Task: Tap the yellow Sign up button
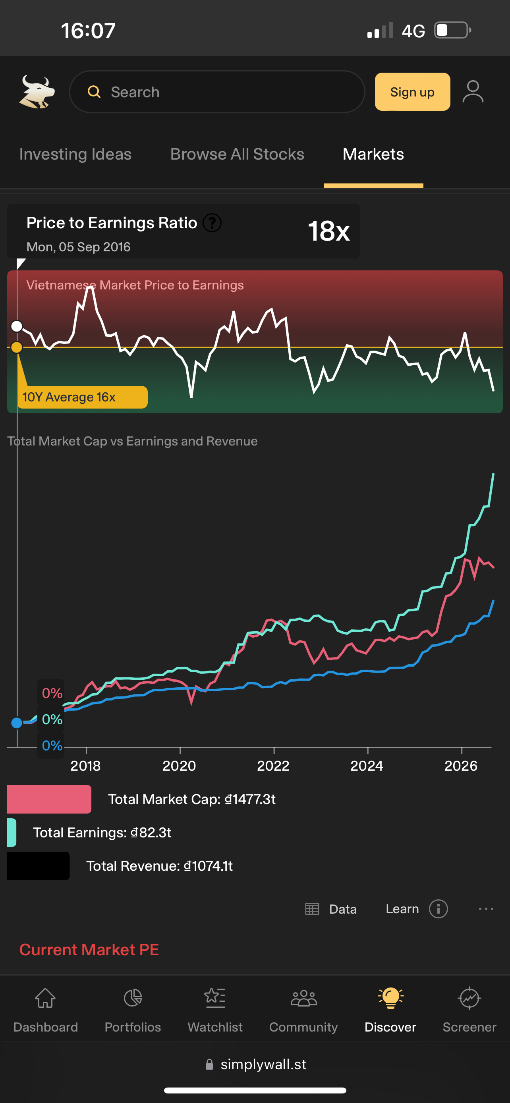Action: pos(412,92)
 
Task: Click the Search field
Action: pos(217,92)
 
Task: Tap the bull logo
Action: pos(37,92)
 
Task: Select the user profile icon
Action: pos(473,92)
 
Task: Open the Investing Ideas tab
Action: pos(75,154)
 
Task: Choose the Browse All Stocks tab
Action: pos(237,154)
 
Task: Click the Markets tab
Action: pos(373,154)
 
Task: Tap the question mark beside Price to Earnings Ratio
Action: pos(212,223)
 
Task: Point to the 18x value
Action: pos(329,231)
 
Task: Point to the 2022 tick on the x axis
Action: pos(274,750)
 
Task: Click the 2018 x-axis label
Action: pos(86,766)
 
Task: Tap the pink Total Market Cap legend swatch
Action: pos(49,799)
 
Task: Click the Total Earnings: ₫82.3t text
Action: pos(102,832)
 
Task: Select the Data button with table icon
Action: pos(330,908)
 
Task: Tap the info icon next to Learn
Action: pos(438,908)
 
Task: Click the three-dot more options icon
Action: pos(486,908)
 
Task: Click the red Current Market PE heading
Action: pos(89,950)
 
